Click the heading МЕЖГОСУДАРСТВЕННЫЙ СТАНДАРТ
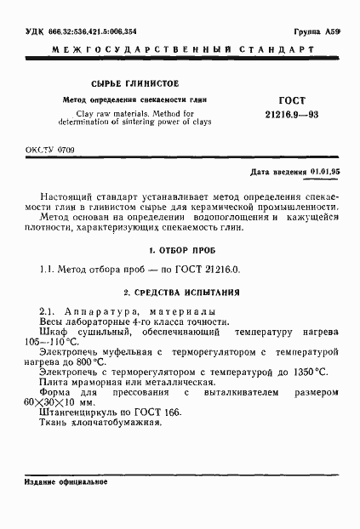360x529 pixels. click(180, 51)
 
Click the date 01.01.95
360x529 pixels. click(324, 172)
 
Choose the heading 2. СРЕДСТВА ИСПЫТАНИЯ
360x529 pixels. click(179, 291)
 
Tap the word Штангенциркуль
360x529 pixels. click(78, 412)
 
